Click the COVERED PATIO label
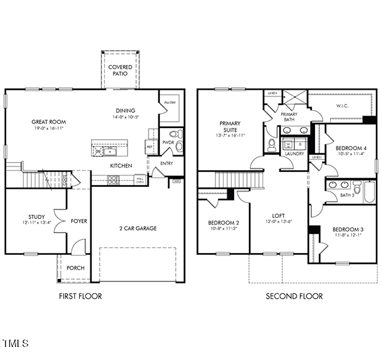pos(119,70)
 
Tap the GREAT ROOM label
pos(49,122)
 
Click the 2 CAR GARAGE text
pos(138,228)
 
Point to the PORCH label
pos(76,268)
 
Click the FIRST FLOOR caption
pos(80,296)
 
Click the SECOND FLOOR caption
pos(294,296)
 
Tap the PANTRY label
pos(168,103)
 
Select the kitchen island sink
pos(113,150)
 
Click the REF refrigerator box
pos(149,146)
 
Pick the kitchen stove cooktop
pos(113,180)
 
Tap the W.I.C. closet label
pos(344,106)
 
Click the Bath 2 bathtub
pos(370,191)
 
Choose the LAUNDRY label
pos(294,153)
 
